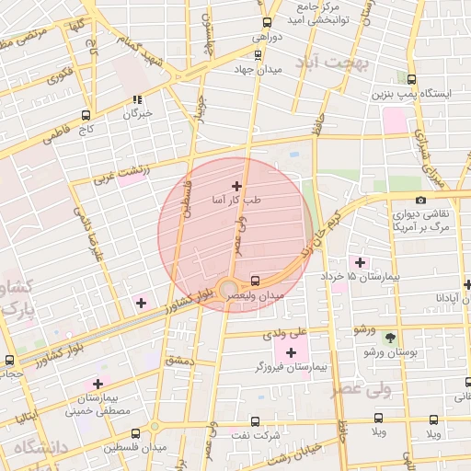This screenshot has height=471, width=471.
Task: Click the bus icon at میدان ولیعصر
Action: [255, 281]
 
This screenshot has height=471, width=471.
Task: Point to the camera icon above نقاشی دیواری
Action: [420, 201]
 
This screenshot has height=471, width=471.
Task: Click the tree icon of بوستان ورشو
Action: [390, 338]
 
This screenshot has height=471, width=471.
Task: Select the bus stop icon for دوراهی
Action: [267, 23]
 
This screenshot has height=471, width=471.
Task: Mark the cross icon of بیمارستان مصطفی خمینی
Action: [98, 384]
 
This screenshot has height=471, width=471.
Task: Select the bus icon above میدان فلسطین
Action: [135, 432]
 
